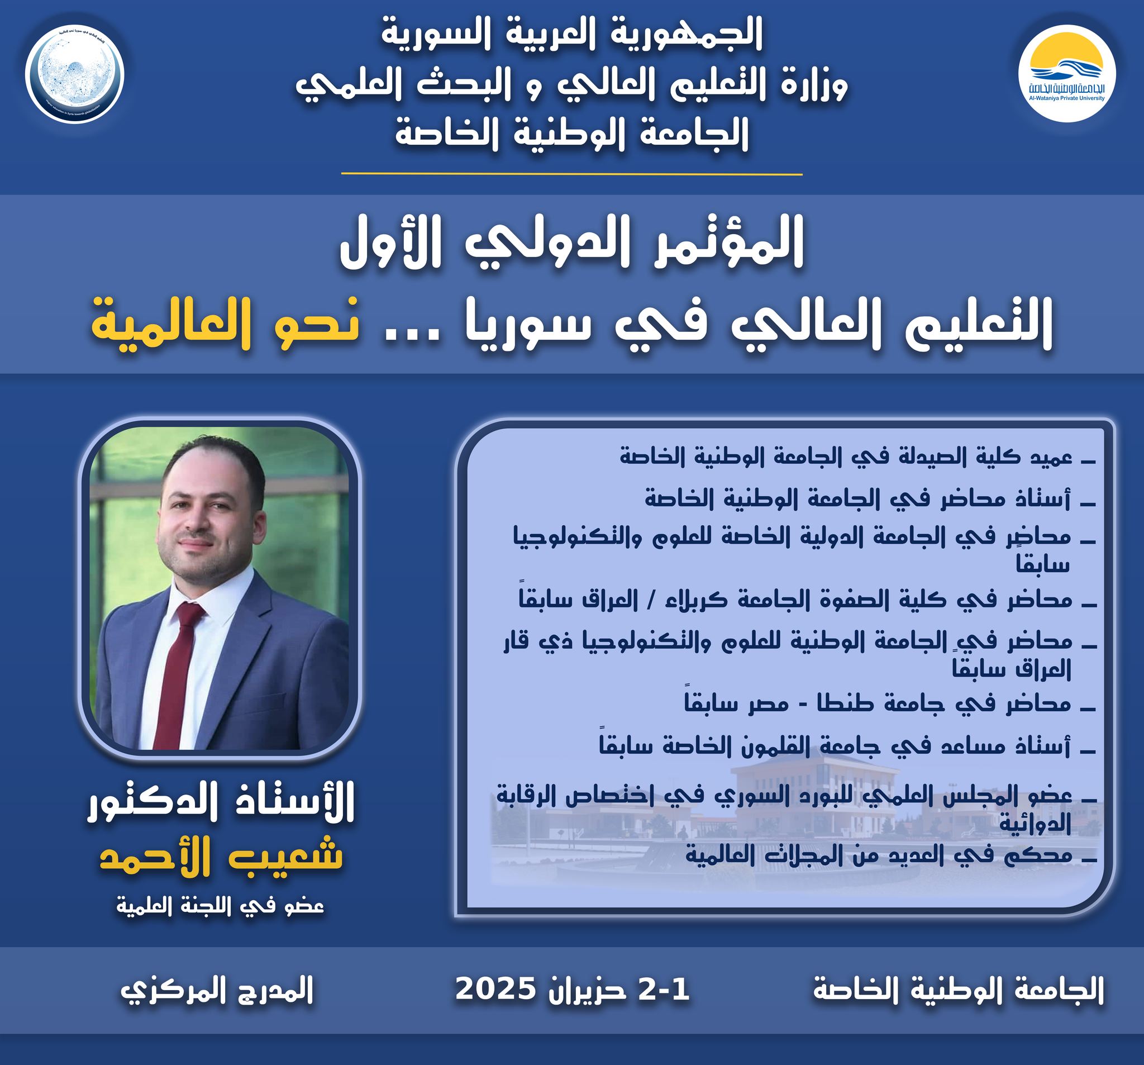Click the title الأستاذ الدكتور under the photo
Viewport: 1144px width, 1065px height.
[x=221, y=805]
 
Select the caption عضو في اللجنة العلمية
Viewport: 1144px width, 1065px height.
[x=221, y=906]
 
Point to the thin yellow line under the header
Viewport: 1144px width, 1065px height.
[x=571, y=173]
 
